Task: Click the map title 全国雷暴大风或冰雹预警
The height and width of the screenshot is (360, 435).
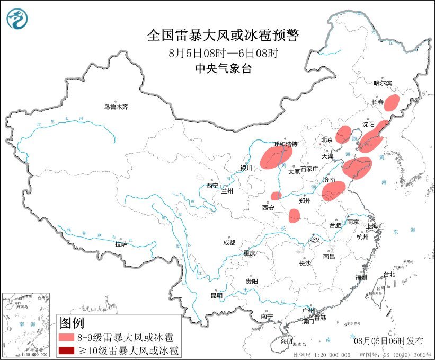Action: tap(223, 36)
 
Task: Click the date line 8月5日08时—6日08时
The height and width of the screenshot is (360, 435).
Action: tap(223, 53)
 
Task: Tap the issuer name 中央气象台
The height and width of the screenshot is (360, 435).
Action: tap(223, 68)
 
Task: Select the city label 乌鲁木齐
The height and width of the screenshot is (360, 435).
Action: tap(116, 107)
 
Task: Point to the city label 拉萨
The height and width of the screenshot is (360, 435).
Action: tap(121, 244)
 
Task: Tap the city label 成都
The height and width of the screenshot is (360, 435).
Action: tap(229, 242)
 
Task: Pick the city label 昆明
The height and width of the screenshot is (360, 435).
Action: tap(217, 295)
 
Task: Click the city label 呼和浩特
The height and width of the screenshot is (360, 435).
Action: tap(286, 144)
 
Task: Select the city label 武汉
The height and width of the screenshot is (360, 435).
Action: tap(314, 240)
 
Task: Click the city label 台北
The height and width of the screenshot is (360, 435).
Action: tap(389, 274)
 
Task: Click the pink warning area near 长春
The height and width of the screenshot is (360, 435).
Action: tap(392, 102)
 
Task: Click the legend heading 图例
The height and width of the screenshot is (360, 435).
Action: tap(72, 322)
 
